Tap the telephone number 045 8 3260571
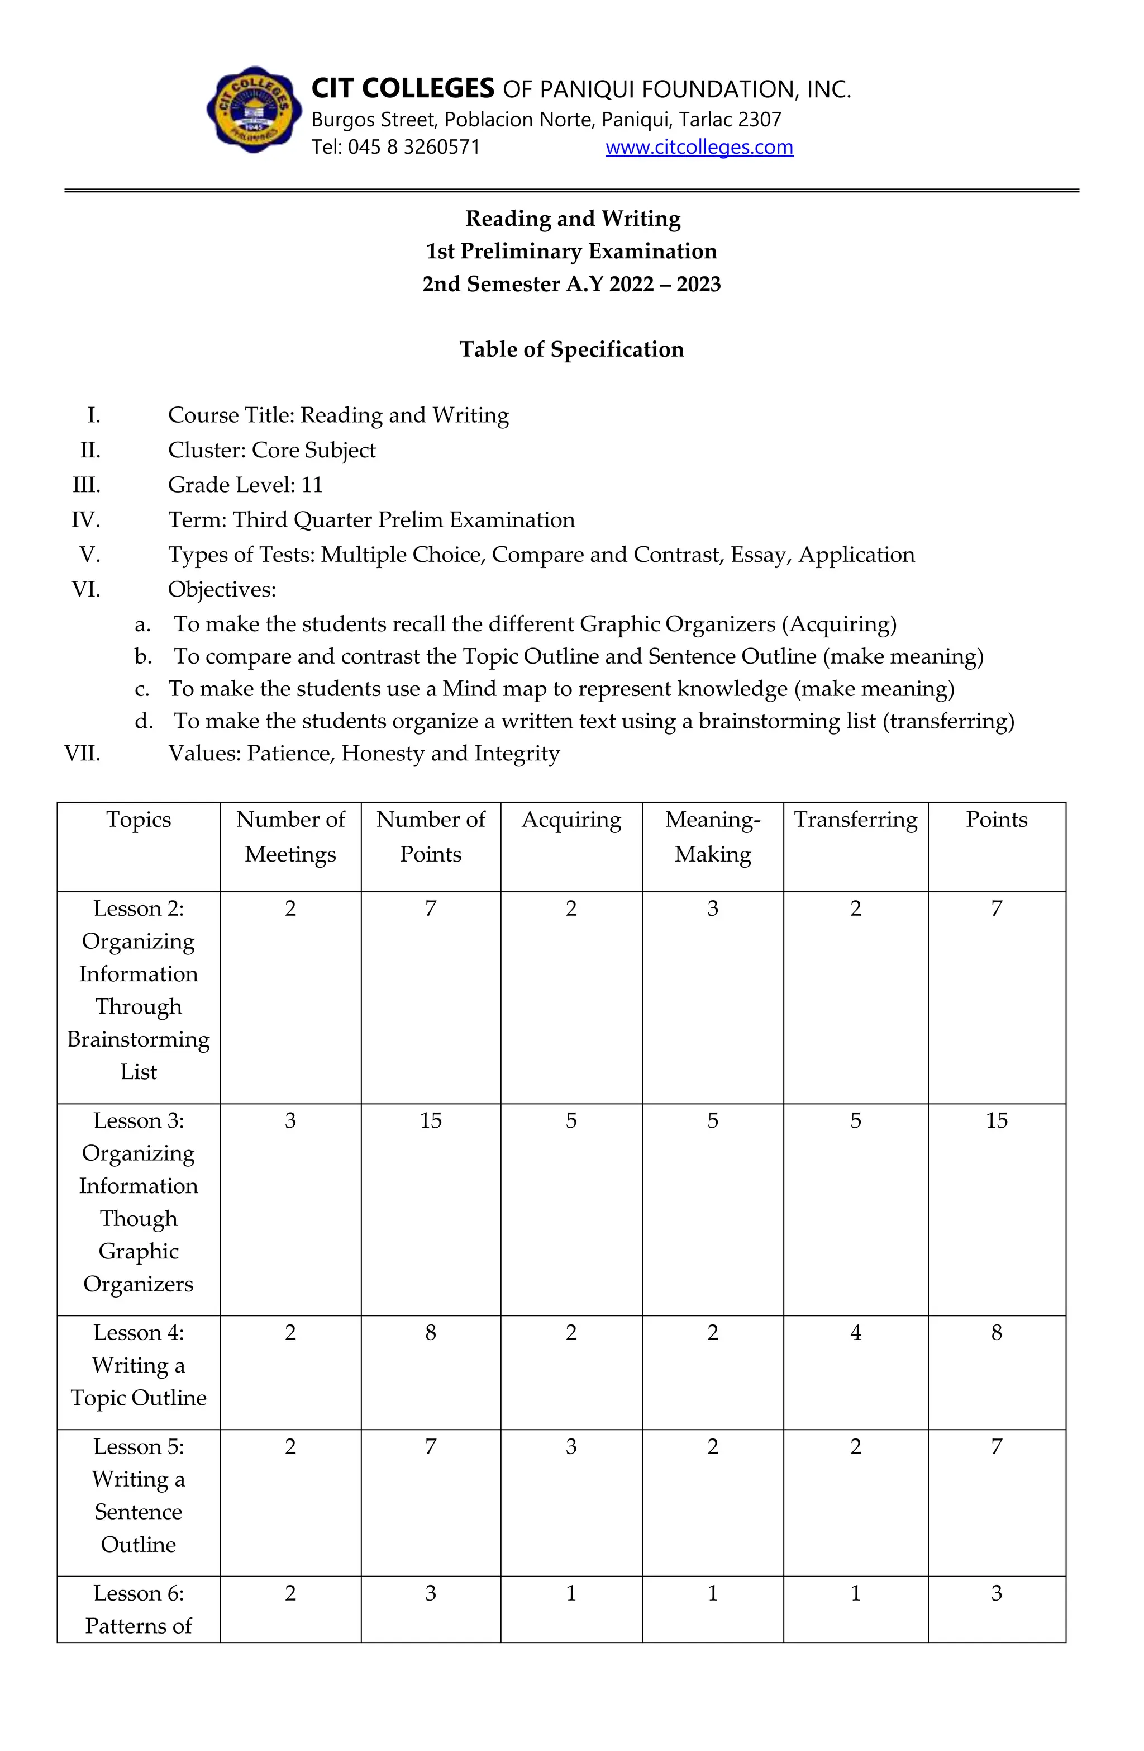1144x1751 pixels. click(x=413, y=147)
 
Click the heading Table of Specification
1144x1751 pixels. click(x=571, y=349)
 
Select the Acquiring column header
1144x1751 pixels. click(x=571, y=820)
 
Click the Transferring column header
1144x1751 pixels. click(x=855, y=820)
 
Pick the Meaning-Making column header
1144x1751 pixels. click(x=712, y=836)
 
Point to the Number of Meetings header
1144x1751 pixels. click(x=290, y=836)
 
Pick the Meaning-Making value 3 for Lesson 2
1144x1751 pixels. click(x=712, y=908)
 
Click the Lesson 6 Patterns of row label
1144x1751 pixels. click(x=138, y=1609)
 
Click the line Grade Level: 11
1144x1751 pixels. click(x=245, y=485)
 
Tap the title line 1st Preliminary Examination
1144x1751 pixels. click(x=571, y=252)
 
